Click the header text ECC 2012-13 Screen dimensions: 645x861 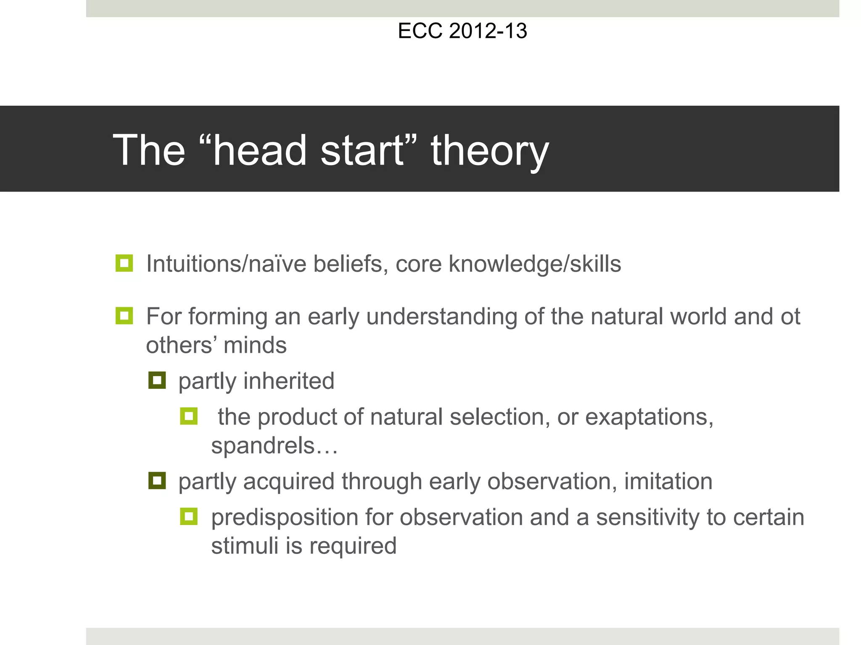tap(462, 31)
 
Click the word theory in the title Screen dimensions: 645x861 tap(490, 150)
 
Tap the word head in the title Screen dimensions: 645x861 tap(259, 150)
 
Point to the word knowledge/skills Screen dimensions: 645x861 tap(535, 264)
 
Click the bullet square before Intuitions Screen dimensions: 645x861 tap(124, 263)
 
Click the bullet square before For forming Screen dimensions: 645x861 tap(124, 316)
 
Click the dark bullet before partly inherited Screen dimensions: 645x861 tap(157, 380)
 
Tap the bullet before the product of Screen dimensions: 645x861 tap(189, 416)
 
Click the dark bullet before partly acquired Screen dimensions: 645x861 tap(157, 481)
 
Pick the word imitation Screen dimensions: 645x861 tap(668, 481)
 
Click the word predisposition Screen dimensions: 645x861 tap(284, 517)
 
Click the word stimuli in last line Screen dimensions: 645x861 tap(245, 546)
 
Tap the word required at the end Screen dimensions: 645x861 tap(353, 546)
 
